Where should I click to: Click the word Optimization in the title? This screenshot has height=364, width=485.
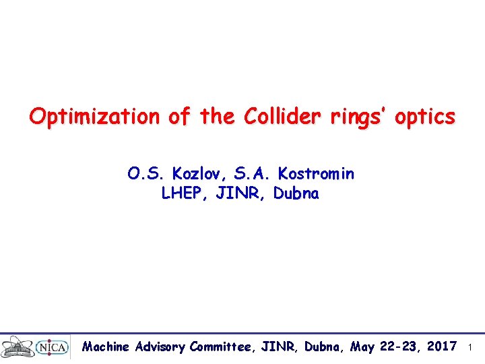point(95,117)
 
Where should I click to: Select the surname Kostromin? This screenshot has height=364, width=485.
point(315,174)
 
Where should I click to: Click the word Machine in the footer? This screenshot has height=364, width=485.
point(106,347)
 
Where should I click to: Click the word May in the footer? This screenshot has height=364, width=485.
point(363,347)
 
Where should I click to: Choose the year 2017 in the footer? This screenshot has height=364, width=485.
point(442,347)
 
